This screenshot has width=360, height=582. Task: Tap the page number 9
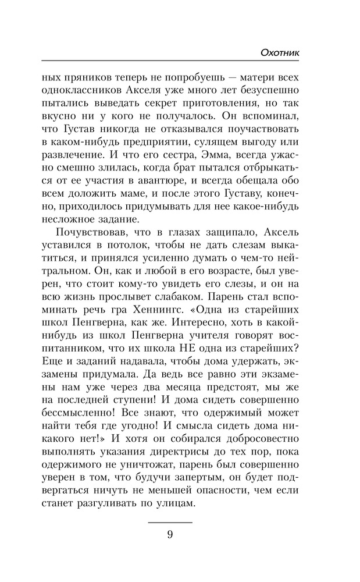pyautogui.click(x=170, y=535)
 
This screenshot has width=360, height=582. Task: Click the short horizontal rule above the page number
pyautogui.click(x=170, y=521)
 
